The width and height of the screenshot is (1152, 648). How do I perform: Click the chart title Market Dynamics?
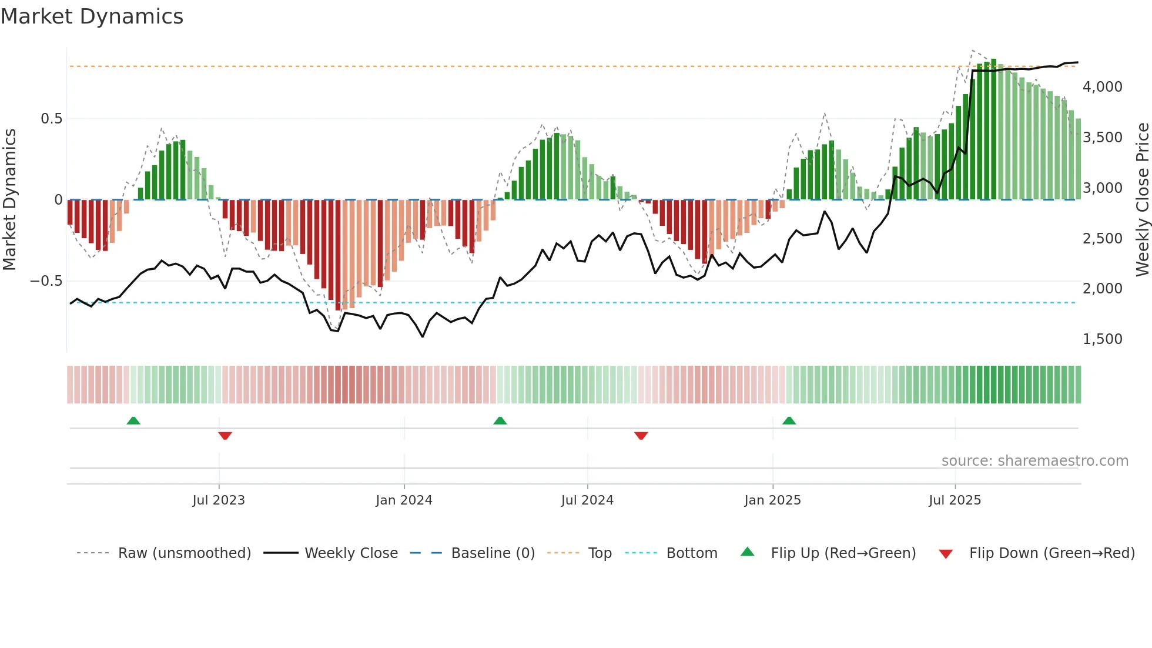[92, 16]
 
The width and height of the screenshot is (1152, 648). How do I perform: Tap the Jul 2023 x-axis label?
[219, 500]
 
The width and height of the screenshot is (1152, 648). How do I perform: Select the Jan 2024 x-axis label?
[404, 500]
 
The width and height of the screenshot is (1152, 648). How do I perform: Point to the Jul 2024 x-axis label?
[587, 500]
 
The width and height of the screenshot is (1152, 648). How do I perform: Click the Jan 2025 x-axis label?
[772, 500]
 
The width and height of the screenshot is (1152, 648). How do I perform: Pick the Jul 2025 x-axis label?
[955, 500]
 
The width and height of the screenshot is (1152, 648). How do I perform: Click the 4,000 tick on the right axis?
[1102, 87]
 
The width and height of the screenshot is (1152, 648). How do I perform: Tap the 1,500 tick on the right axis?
[1102, 339]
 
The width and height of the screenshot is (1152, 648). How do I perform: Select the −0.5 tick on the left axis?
[46, 281]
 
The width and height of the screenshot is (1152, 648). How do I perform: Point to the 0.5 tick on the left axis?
[51, 119]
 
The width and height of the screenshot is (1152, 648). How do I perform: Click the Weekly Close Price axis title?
[1142, 200]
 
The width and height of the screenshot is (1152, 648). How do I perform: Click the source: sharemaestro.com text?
[1034, 461]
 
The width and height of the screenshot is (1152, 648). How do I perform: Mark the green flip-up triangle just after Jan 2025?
[789, 421]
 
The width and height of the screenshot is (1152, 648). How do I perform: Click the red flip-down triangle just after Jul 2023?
[225, 436]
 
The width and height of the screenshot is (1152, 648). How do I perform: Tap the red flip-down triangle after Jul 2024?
[641, 436]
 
